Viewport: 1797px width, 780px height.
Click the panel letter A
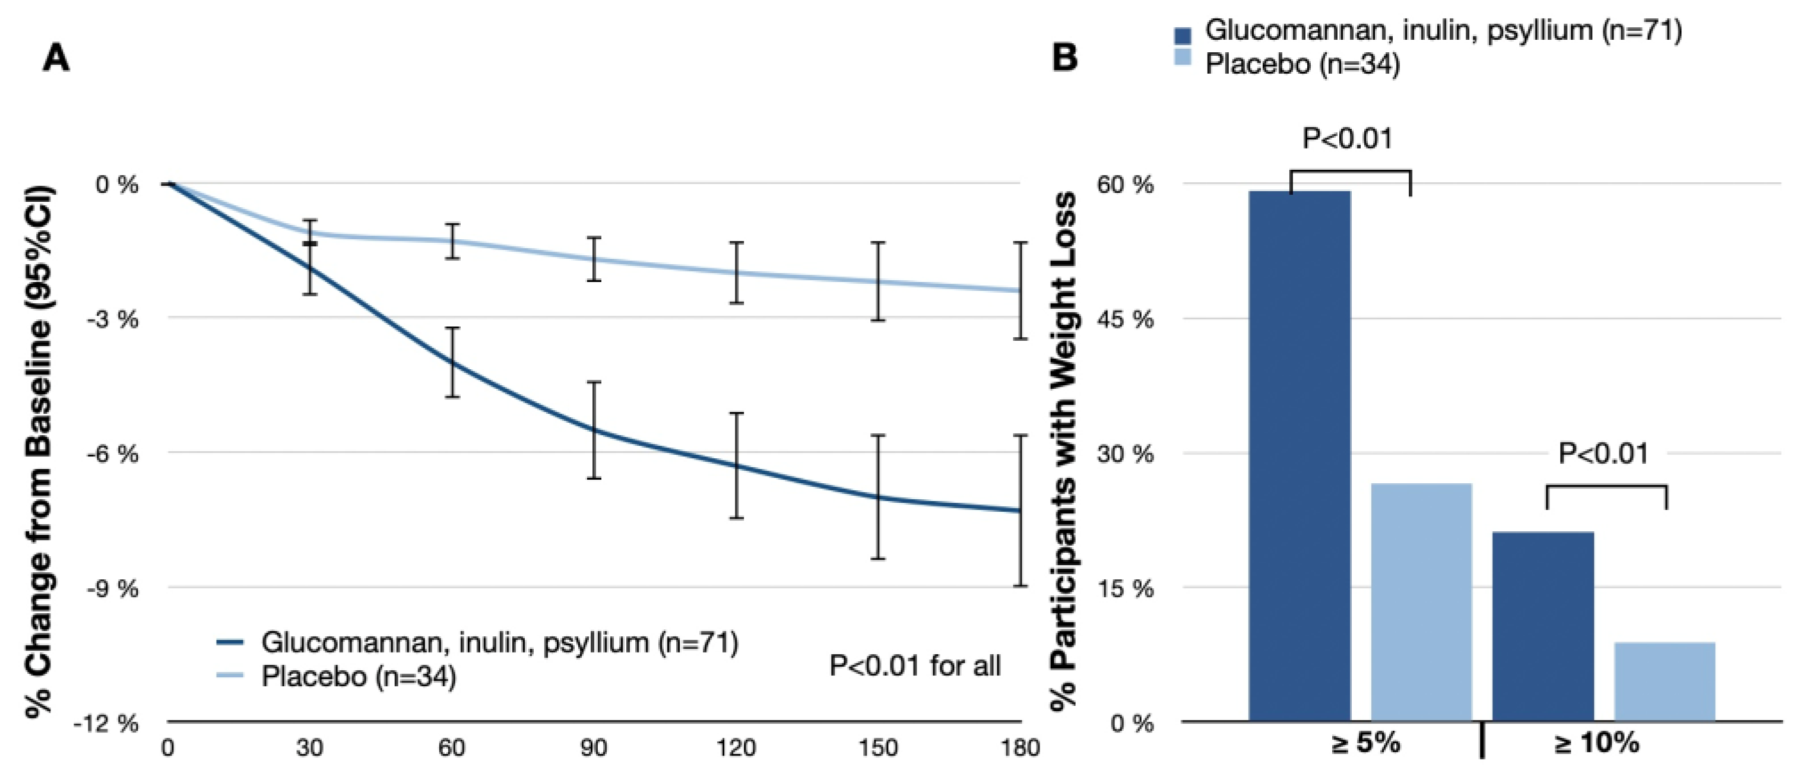coord(56,57)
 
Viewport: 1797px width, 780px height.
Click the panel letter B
coord(1064,57)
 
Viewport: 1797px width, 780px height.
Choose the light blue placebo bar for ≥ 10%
coord(1665,681)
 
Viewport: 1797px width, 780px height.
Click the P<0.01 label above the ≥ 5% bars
coord(1347,139)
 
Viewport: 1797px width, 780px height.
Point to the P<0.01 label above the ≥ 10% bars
coord(1603,454)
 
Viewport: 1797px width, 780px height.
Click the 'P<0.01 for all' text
coord(915,665)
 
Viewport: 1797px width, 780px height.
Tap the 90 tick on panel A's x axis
coord(594,749)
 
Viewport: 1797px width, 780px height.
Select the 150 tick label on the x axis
coord(877,749)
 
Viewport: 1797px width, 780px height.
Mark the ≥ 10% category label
coord(1597,744)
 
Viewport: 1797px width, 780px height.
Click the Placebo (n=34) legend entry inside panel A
coord(359,676)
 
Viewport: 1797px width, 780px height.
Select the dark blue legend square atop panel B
coord(1183,35)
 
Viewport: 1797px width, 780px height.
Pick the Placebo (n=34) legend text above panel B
coord(1302,64)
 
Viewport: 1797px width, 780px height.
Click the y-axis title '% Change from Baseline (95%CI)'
coord(39,452)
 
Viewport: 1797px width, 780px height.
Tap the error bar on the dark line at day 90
coord(594,430)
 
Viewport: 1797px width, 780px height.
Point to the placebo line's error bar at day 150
coord(877,281)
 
